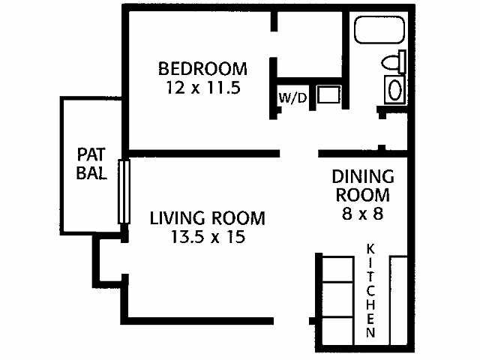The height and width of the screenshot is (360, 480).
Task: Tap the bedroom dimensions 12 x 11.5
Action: pyautogui.click(x=202, y=87)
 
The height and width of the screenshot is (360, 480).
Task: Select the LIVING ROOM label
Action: pyautogui.click(x=207, y=219)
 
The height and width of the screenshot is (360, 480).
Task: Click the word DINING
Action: pyautogui.click(x=363, y=178)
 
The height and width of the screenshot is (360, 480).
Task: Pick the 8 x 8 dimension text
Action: pyautogui.click(x=363, y=213)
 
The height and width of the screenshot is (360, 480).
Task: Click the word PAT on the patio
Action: pyautogui.click(x=92, y=155)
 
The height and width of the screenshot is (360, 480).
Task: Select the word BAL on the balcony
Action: pyautogui.click(x=92, y=173)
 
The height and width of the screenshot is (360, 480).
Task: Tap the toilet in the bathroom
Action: pyautogui.click(x=392, y=62)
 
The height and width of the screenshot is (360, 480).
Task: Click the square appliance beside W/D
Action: pyautogui.click(x=327, y=95)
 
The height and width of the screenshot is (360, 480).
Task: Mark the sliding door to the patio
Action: pyautogui.click(x=124, y=190)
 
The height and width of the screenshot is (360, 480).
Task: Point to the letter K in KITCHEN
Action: pyautogui.click(x=370, y=248)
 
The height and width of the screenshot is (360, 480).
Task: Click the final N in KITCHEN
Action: pyautogui.click(x=370, y=331)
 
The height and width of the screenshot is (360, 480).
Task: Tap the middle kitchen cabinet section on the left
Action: pyautogui.click(x=337, y=298)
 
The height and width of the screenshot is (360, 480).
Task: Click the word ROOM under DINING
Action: pyautogui.click(x=363, y=195)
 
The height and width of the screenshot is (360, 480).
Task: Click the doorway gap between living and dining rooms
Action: pyautogui.click(x=299, y=154)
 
